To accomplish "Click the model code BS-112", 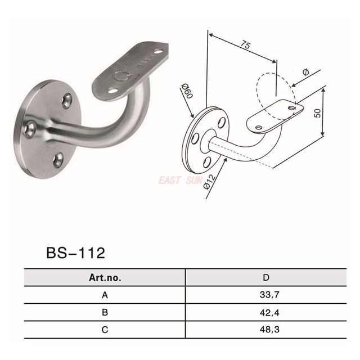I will pos(75,253).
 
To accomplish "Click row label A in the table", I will pos(105,294).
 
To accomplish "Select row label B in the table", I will pos(105,311).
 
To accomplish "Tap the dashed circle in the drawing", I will pos(274,90).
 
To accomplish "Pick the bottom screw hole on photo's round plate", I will pos(58,160).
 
